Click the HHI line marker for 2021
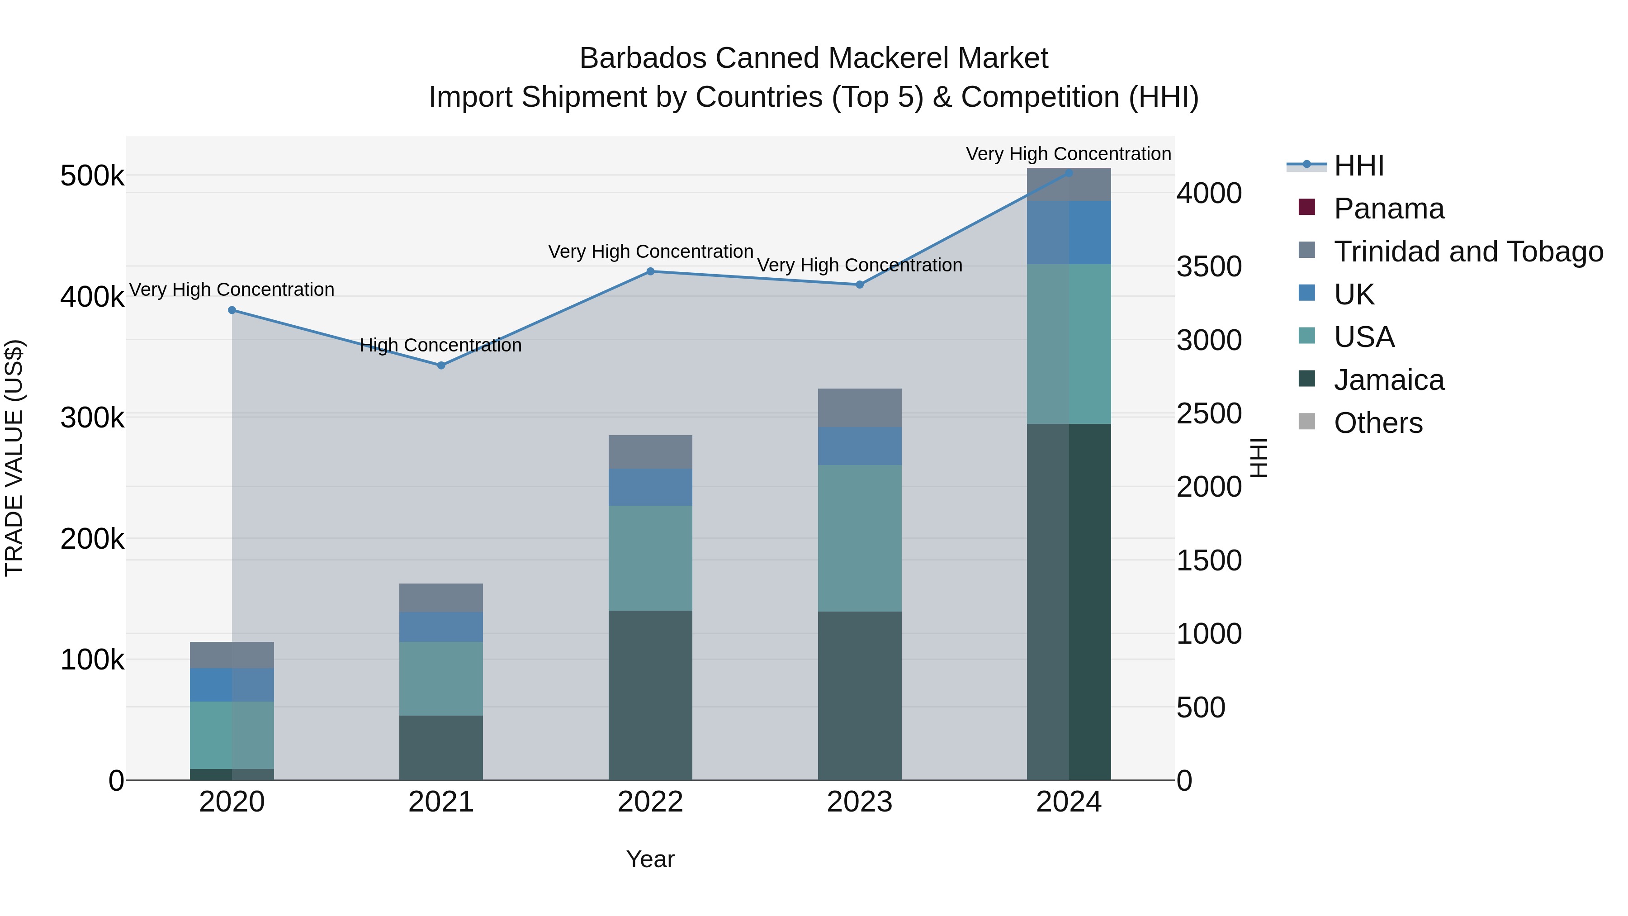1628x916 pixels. [441, 365]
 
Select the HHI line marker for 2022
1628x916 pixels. [650, 272]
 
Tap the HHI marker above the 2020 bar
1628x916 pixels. [232, 310]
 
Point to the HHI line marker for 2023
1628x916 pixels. [860, 285]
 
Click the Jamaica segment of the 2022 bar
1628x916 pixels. [650, 695]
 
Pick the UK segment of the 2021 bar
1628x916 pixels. [441, 627]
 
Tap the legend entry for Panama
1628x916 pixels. [1388, 209]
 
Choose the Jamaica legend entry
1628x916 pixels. [1388, 380]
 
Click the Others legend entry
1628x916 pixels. [1378, 423]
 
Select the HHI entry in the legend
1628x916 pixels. [1359, 166]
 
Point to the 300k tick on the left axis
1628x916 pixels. [92, 418]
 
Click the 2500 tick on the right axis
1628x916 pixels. [1208, 414]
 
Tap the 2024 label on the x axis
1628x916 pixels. [1069, 802]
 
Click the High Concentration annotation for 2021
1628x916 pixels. [440, 345]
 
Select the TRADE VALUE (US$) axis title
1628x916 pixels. [14, 458]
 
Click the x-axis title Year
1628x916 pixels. [650, 859]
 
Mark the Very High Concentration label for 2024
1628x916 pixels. [1068, 154]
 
